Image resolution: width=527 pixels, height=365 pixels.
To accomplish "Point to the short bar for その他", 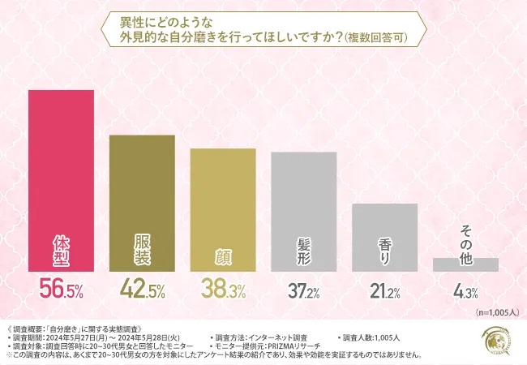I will [x=465, y=264].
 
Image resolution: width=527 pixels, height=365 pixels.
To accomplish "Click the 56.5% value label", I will [x=62, y=289].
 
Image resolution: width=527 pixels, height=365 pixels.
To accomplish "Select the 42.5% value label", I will [x=142, y=289].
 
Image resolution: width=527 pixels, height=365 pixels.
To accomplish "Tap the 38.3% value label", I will [x=223, y=289].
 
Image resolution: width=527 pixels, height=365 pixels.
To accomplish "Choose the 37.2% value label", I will [x=303, y=289].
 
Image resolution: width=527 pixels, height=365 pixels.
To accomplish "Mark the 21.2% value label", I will [x=384, y=289].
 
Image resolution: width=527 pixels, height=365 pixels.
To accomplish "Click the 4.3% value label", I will [x=465, y=289].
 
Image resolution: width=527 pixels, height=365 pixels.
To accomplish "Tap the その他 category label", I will [x=465, y=240].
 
